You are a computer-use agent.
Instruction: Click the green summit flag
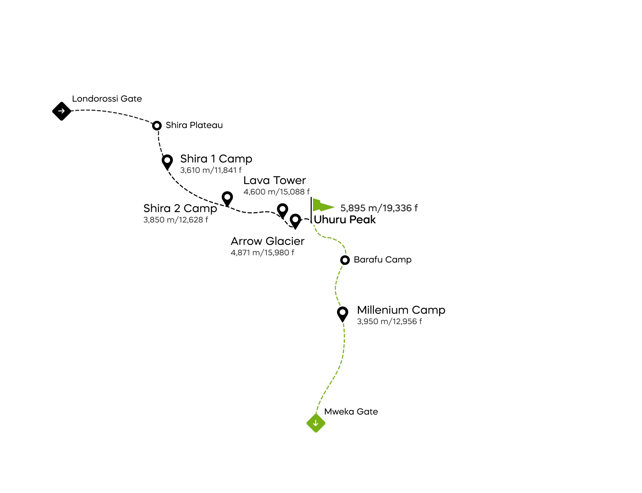pyautogui.click(x=323, y=205)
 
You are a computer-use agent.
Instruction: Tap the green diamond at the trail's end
pyautogui.click(x=316, y=424)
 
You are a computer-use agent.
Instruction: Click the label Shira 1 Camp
pyautogui.click(x=216, y=158)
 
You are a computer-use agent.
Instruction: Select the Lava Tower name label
pyautogui.click(x=275, y=180)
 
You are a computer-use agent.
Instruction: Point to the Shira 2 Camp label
pyautogui.click(x=180, y=208)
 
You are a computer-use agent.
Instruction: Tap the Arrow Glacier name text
pyautogui.click(x=267, y=241)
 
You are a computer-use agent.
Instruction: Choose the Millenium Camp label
pyautogui.click(x=401, y=310)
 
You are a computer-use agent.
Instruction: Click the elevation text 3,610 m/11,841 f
pyautogui.click(x=211, y=170)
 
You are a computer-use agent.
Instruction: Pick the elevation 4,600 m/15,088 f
pyautogui.click(x=276, y=192)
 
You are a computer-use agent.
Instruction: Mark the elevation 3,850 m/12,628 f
pyautogui.click(x=176, y=220)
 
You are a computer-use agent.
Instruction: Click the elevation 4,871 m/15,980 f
pyautogui.click(x=262, y=253)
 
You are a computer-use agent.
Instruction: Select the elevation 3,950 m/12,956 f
pyautogui.click(x=389, y=321)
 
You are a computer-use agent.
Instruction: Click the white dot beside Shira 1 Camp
pyautogui.click(x=167, y=160)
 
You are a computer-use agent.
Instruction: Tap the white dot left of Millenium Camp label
pyautogui.click(x=343, y=312)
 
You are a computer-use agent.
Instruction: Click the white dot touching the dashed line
pyautogui.click(x=227, y=197)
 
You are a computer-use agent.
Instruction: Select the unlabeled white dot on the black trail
pyautogui.click(x=157, y=126)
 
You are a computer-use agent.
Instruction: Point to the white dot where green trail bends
pyautogui.click(x=345, y=260)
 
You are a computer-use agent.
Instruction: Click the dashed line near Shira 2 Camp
pyautogui.click(x=211, y=201)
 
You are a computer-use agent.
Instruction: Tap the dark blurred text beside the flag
pyautogui.click(x=378, y=208)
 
